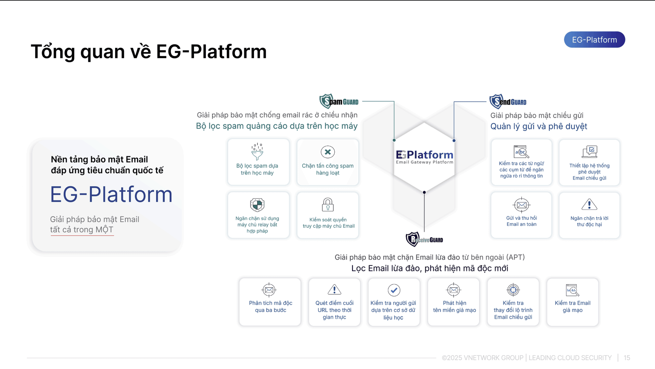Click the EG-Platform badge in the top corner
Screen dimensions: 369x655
click(594, 40)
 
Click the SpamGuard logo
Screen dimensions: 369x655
click(339, 101)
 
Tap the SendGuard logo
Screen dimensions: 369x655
click(508, 101)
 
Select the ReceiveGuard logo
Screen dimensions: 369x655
click(424, 240)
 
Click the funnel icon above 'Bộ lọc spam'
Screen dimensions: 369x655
click(257, 152)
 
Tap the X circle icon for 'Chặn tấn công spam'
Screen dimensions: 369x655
click(327, 152)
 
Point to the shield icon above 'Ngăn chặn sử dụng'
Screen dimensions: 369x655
click(257, 205)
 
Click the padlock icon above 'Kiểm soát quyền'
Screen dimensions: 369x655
click(327, 205)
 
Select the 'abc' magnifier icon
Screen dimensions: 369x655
click(521, 152)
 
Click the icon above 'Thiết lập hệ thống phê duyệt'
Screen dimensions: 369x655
click(589, 151)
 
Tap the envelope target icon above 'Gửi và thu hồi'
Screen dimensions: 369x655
click(521, 205)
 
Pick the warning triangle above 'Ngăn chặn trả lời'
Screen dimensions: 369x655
click(589, 205)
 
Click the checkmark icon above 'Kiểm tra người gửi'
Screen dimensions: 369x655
click(394, 290)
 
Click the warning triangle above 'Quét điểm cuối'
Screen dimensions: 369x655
click(334, 290)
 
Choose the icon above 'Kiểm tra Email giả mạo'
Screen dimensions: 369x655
click(572, 290)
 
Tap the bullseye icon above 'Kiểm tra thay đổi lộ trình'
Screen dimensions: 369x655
click(513, 290)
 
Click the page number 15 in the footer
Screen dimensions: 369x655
click(627, 358)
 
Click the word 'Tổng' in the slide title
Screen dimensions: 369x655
click(53, 52)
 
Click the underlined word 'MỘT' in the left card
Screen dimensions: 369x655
click(104, 230)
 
